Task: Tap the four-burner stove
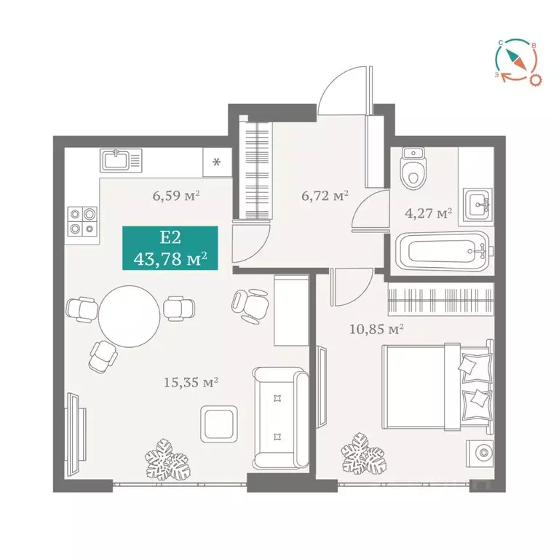pyautogui.click(x=82, y=221)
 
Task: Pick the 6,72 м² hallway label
pyautogui.click(x=325, y=195)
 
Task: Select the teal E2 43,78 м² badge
pyautogui.click(x=170, y=248)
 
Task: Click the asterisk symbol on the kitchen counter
pyautogui.click(x=216, y=162)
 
